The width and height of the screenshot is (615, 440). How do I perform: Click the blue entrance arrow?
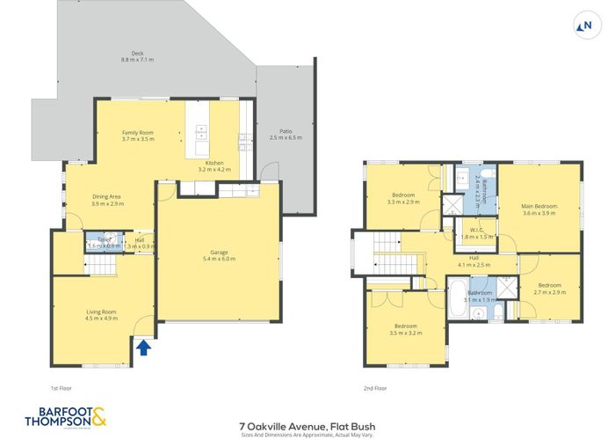click(x=143, y=349)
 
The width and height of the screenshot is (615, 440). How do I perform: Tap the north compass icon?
click(x=583, y=26)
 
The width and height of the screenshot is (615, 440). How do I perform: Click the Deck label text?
click(x=136, y=55)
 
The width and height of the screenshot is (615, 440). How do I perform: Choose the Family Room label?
click(x=138, y=136)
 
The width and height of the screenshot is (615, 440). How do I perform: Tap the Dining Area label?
click(x=108, y=200)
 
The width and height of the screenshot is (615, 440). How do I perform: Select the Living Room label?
click(x=100, y=316)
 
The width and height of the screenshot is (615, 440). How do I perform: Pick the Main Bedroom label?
click(x=539, y=210)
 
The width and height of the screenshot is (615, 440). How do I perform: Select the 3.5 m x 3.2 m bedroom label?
click(x=407, y=330)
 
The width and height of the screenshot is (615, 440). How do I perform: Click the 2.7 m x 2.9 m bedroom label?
click(x=550, y=289)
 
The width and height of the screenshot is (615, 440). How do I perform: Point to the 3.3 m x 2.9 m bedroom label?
click(x=403, y=198)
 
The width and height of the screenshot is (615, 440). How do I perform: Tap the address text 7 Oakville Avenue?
click(x=307, y=421)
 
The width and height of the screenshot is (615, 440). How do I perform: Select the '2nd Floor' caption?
click(x=375, y=387)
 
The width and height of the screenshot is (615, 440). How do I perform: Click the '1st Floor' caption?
click(x=61, y=387)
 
